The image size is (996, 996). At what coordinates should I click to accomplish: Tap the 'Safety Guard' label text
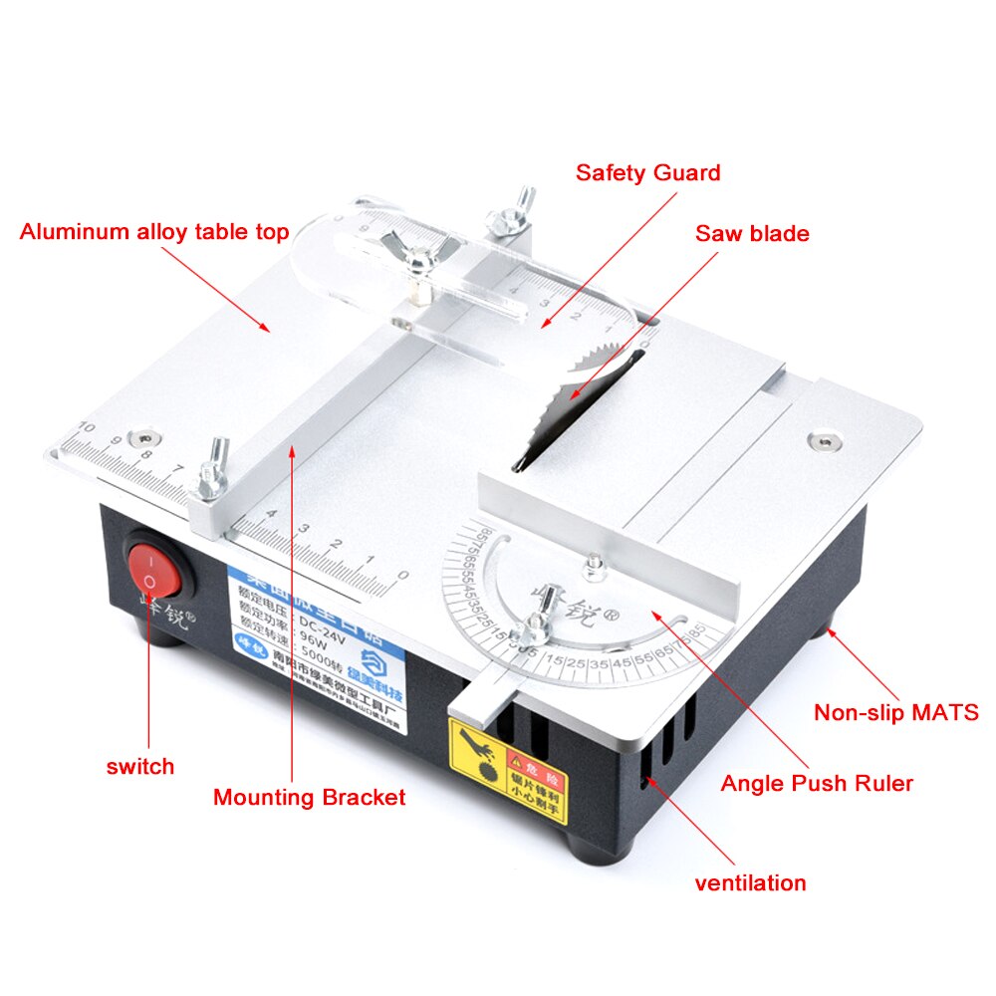[647, 172]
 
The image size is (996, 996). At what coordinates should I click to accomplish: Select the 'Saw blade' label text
[752, 234]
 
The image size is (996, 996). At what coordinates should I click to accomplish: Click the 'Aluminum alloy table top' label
[154, 232]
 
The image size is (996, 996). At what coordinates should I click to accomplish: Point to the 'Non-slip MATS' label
[895, 713]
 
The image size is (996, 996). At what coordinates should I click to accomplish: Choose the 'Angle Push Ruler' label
[817, 784]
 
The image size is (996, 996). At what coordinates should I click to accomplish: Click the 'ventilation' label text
[750, 882]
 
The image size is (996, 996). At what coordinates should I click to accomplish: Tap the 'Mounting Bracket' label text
[309, 797]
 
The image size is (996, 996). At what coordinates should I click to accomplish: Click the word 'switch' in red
[140, 766]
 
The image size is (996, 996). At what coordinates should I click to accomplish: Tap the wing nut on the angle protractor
[539, 623]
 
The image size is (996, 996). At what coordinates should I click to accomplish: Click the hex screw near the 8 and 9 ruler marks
[148, 437]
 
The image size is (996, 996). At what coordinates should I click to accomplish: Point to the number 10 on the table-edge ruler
[86, 427]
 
